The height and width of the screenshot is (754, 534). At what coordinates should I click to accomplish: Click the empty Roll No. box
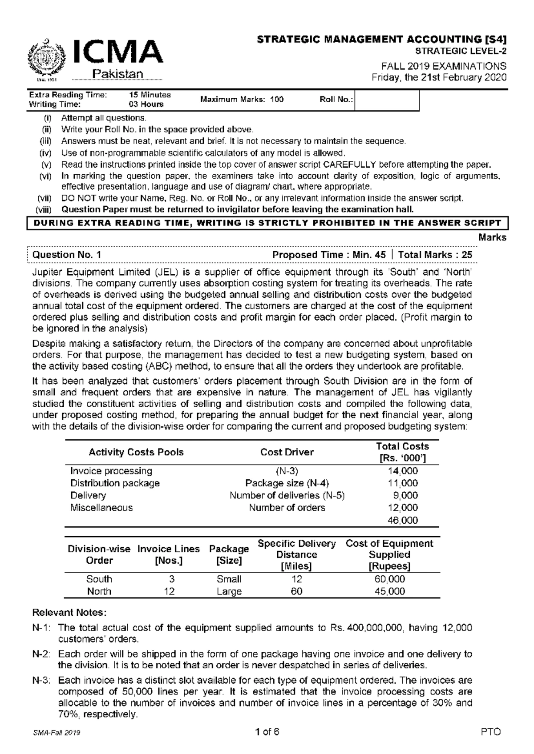pos(387,100)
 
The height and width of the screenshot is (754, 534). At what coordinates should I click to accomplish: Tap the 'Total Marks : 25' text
pos(435,255)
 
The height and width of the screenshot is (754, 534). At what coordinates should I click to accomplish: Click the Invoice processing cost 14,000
pos(403,471)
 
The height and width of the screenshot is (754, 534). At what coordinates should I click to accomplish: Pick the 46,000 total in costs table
pos(403,520)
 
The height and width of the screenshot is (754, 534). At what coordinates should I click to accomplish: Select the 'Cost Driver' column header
pos(287,452)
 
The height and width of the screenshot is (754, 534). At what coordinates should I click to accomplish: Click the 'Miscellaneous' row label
pos(101,508)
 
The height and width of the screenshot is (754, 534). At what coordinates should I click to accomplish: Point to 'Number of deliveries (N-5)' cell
pos(287,495)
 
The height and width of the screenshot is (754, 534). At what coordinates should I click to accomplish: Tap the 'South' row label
pos(99,579)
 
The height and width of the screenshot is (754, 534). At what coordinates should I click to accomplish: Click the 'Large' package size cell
pos(229,591)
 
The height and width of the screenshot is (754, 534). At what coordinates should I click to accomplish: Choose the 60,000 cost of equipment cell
pos(389,579)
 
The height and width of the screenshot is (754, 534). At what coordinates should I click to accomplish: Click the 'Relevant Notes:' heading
pos(69,613)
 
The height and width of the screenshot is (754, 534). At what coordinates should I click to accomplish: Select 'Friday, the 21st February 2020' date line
pos(439,77)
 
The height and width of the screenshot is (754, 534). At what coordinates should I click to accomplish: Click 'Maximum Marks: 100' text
pos(242,100)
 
